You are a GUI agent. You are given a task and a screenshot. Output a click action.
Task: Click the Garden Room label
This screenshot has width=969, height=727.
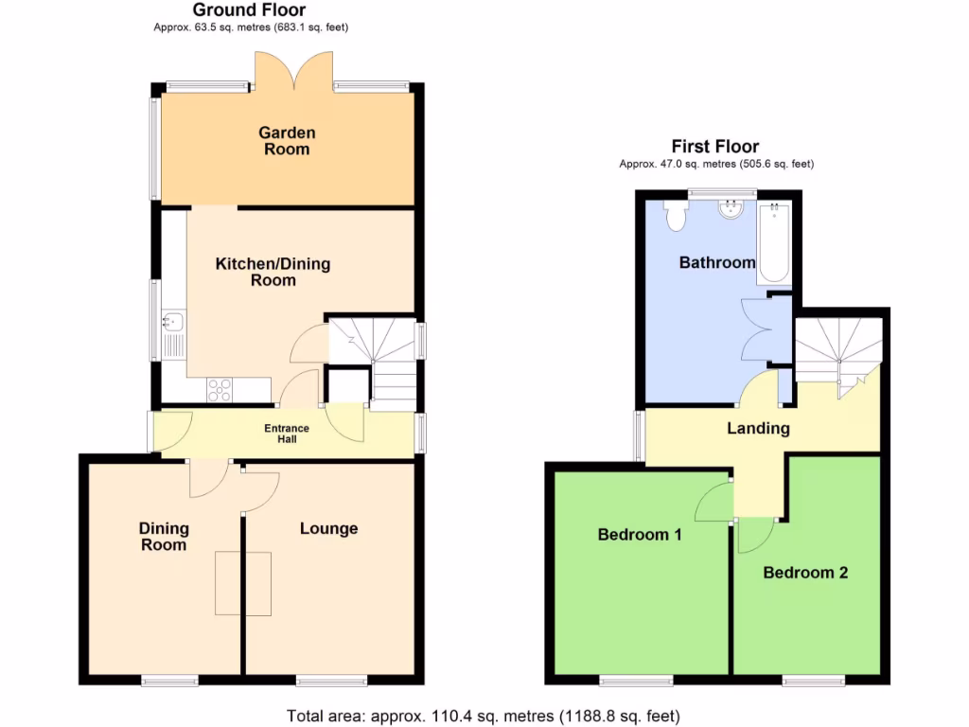pos(287,141)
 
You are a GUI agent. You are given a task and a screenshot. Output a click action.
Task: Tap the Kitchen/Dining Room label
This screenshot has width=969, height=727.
pos(273,272)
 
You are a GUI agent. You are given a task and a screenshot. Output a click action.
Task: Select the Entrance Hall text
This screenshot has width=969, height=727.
pos(286,434)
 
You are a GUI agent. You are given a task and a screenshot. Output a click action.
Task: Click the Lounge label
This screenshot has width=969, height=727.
pos(328,528)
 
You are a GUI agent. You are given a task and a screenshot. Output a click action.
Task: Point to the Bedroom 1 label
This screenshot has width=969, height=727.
pos(640,534)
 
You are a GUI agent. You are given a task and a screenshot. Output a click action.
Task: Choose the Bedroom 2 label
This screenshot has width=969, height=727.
pos(805,572)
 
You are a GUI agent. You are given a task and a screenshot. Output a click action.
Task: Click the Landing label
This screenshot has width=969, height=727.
pos(757,428)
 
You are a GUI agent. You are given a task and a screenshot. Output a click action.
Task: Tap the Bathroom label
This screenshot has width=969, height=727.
pos(717,262)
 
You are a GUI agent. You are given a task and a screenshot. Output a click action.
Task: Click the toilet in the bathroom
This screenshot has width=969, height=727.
pos(676,216)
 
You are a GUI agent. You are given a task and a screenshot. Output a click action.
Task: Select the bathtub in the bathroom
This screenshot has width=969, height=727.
pos(773,244)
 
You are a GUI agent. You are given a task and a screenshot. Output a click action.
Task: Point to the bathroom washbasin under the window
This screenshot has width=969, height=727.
pos(731,208)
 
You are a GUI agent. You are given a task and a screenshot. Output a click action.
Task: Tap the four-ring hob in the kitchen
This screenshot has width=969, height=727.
pos(220,389)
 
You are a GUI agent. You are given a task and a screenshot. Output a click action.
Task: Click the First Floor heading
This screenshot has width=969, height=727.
pos(715,147)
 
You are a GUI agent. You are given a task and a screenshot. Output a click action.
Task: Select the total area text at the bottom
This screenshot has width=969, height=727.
pos(484,716)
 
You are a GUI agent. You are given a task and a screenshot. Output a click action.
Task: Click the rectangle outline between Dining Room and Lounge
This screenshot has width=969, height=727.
pos(244,582)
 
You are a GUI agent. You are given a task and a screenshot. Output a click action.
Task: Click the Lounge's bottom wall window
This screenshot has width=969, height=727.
pos(330,680)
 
